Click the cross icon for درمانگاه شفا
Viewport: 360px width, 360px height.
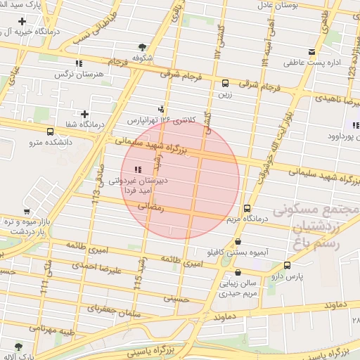(85, 114)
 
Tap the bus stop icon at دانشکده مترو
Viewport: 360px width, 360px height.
(50, 131)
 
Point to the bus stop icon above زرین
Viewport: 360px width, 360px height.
(225, 82)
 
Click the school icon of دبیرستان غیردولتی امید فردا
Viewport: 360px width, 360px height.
(138, 169)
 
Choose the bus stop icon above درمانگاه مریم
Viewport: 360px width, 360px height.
(246, 208)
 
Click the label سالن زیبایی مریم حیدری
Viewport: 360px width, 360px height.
(236, 288)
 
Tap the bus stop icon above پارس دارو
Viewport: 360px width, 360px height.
(287, 265)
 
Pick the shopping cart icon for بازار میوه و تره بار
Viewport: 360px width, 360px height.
(26, 211)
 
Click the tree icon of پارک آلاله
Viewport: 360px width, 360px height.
(18, 347)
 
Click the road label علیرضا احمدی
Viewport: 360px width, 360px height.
(118, 269)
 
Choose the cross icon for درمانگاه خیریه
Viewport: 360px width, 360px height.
(22, 22)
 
